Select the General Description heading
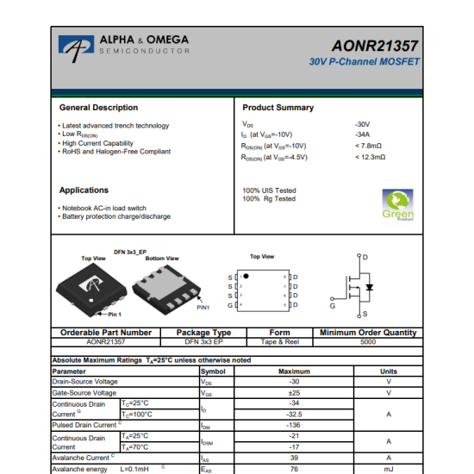click(x=98, y=108)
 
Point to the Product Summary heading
click(x=278, y=108)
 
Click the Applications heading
click(x=84, y=190)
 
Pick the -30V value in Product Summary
click(x=362, y=125)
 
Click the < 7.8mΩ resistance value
click(x=368, y=146)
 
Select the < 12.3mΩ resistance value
click(x=370, y=157)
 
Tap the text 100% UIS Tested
click(x=269, y=190)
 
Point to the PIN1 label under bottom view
click(x=203, y=307)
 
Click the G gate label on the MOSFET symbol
click(x=332, y=306)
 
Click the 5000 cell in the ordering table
click(x=368, y=342)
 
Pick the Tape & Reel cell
click(x=279, y=342)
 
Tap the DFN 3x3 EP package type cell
click(x=203, y=342)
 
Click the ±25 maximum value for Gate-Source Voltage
click(x=294, y=393)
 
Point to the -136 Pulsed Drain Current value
click(x=294, y=425)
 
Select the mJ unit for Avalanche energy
click(x=388, y=470)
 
